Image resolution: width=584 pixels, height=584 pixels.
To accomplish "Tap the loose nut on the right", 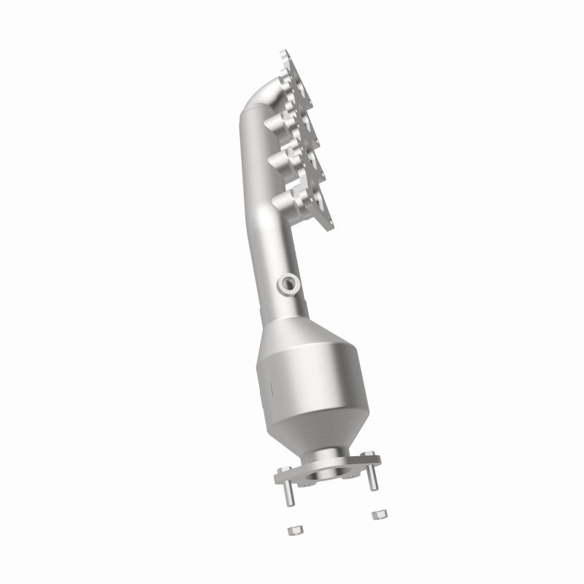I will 377,516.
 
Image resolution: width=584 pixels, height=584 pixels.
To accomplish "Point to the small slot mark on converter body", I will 267,383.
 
